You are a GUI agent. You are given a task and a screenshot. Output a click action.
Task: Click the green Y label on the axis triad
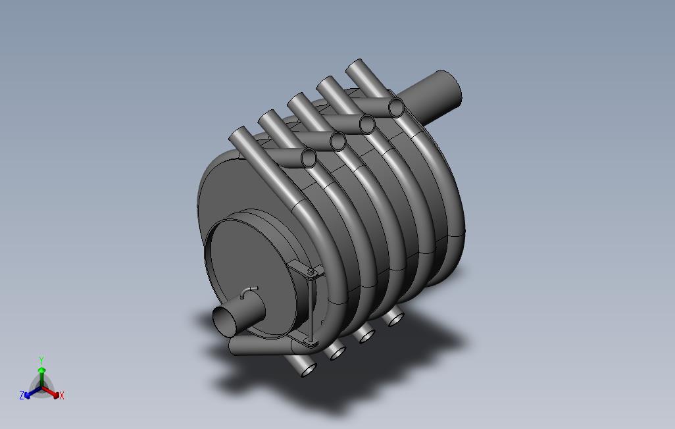click(x=41, y=361)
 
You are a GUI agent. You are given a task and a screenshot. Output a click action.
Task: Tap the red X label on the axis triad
click(x=62, y=395)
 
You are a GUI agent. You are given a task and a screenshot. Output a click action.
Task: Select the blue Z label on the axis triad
click(x=22, y=395)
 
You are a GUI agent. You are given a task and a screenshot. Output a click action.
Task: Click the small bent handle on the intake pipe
click(x=248, y=290)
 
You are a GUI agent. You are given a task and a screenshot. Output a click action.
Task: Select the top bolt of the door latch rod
click(x=311, y=271)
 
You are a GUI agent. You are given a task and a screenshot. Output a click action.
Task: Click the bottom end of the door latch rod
click(x=310, y=342)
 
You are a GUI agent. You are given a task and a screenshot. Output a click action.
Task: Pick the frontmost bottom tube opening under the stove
click(x=308, y=370)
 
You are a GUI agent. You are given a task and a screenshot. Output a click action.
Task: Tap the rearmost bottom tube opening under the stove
click(x=395, y=320)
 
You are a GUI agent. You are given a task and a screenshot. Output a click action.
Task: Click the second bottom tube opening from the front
click(x=337, y=353)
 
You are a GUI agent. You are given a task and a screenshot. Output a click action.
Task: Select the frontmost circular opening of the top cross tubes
click(x=308, y=157)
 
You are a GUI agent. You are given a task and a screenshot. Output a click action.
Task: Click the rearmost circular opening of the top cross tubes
click(x=396, y=107)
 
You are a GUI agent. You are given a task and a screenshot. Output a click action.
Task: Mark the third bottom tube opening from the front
click(x=366, y=336)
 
